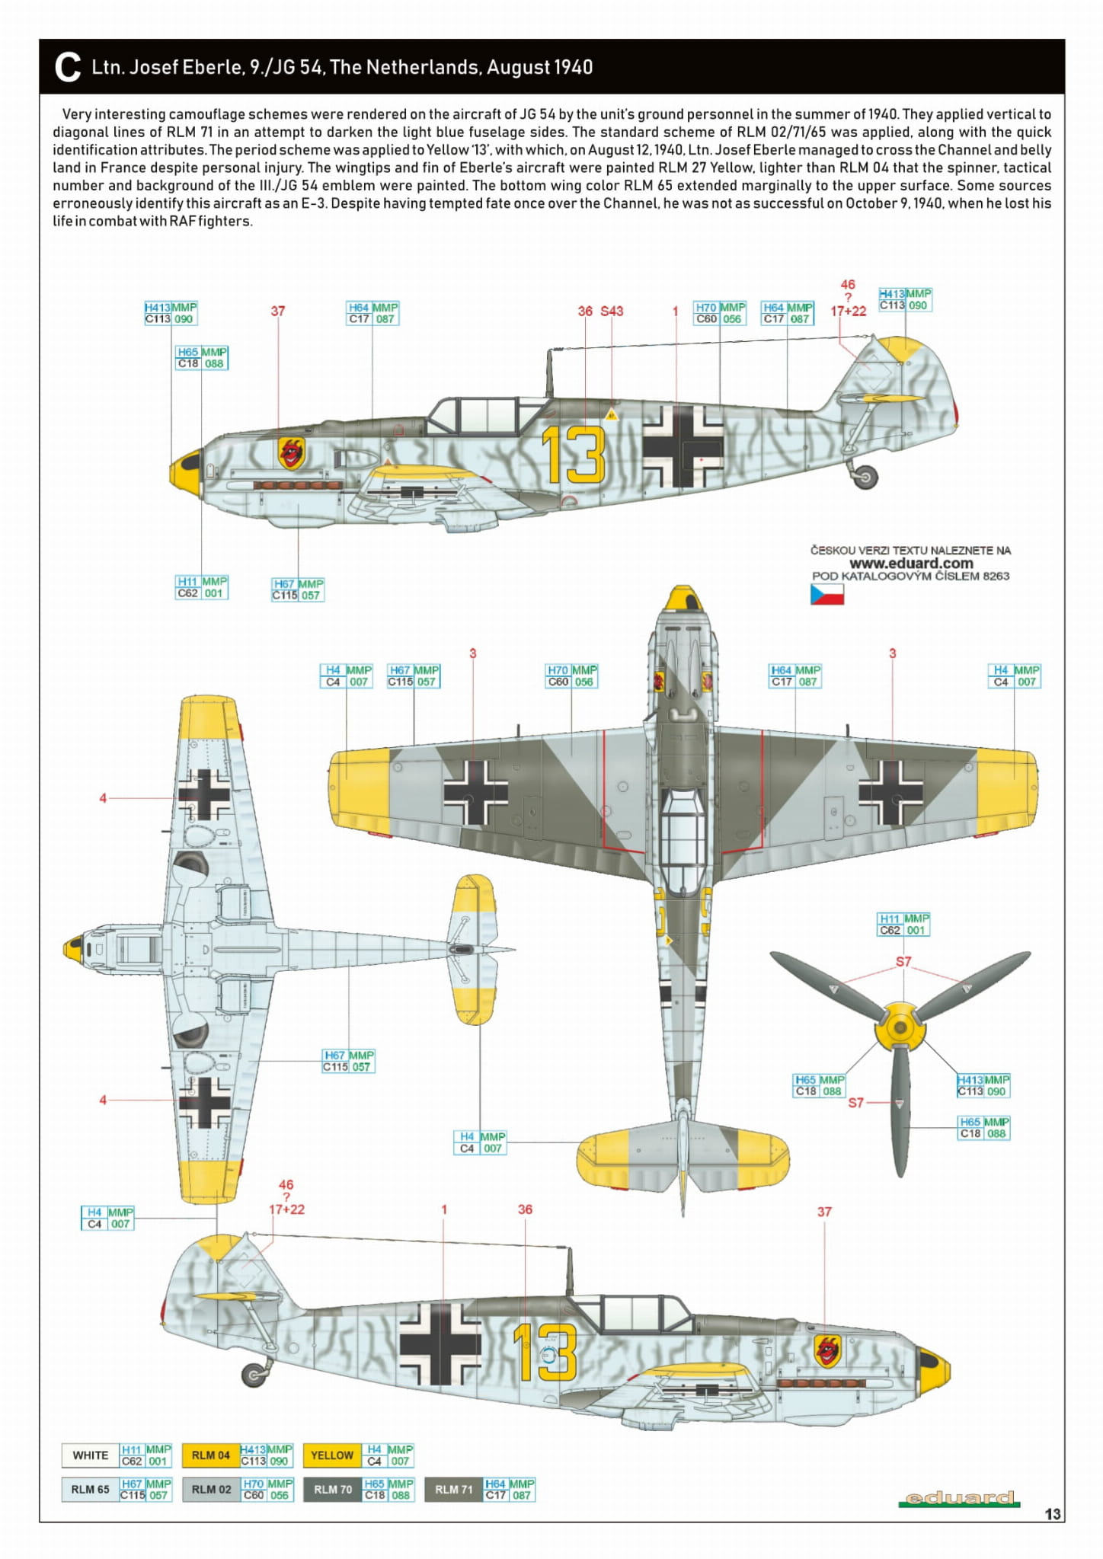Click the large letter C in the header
68,67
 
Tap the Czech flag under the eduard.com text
826,594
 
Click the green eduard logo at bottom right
958,1498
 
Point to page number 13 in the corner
1052,1514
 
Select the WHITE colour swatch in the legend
90,1455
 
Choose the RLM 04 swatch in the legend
210,1455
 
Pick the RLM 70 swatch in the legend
332,1489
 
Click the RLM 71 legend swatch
454,1489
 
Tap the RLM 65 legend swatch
90,1489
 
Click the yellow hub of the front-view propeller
901,1027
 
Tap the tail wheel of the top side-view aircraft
865,478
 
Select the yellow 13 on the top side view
574,455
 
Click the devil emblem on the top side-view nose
291,453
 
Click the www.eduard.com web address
911,564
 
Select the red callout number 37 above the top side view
278,311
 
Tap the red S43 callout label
612,311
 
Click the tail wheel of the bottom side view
253,1374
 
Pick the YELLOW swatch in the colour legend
332,1455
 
